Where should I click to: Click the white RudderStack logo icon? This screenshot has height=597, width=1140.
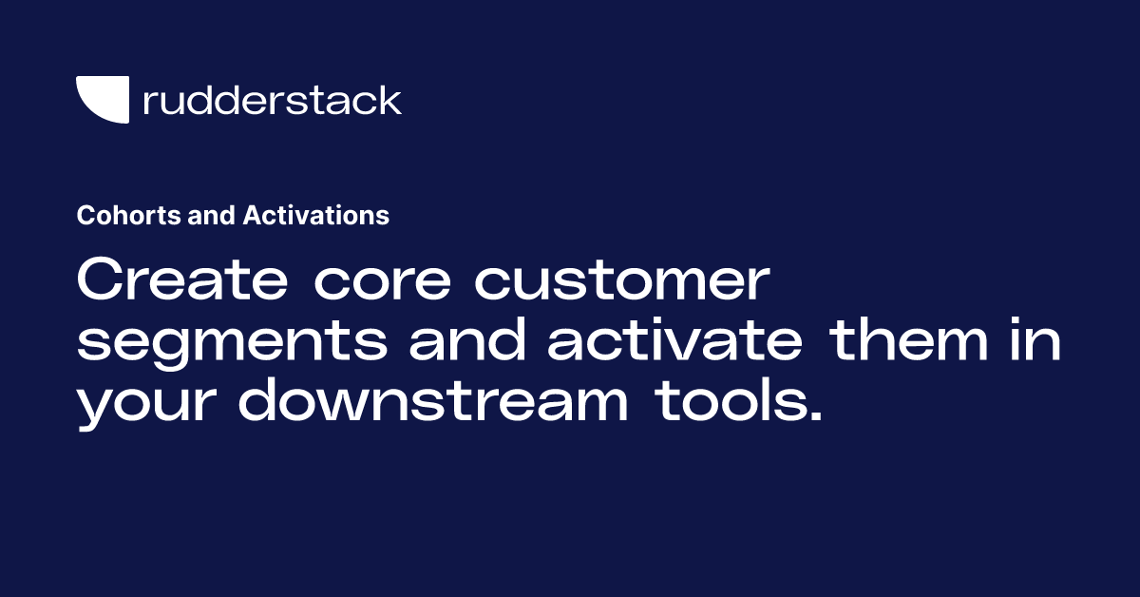click(x=102, y=100)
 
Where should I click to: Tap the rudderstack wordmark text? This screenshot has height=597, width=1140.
click(x=272, y=100)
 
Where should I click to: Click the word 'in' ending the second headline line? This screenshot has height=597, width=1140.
click(x=1038, y=343)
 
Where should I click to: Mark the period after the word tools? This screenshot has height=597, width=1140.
click(x=813, y=417)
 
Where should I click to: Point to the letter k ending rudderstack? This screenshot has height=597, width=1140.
click(x=390, y=100)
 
